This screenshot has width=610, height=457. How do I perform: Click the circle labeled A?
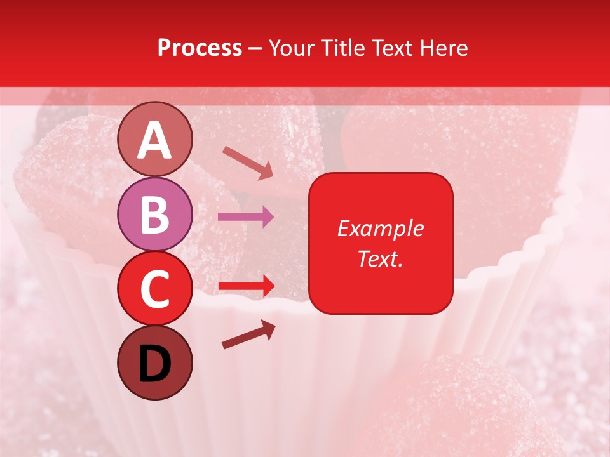point(154,139)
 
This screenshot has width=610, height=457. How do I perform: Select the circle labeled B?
point(154,214)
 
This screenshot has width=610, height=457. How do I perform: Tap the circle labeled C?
point(154,288)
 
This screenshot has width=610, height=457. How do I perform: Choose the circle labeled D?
point(154,362)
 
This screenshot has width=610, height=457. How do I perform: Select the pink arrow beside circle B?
point(247,217)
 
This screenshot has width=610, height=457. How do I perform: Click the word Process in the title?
point(200,48)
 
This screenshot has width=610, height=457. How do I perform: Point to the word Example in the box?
point(380,228)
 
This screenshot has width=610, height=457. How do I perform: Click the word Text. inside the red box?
point(380,259)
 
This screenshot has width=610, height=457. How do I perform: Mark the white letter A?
point(154,140)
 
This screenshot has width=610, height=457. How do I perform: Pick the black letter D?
point(154,364)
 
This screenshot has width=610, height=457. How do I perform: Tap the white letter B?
point(154,215)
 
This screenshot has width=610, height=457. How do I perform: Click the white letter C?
point(154,289)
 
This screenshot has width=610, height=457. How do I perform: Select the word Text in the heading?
point(391,48)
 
